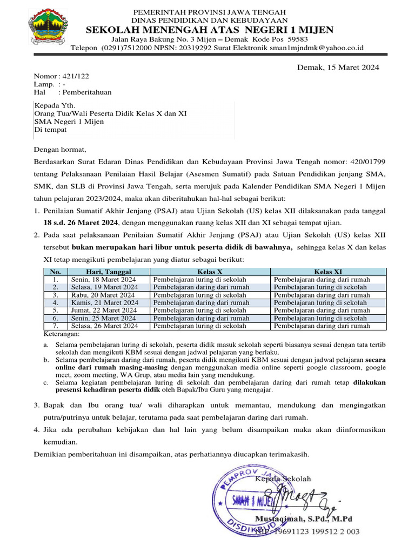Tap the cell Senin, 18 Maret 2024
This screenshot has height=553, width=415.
point(103,279)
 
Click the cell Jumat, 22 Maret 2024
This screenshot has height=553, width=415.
point(104,311)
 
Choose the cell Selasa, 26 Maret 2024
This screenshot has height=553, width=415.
point(104,326)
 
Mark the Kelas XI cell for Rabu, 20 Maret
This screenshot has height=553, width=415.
point(322,295)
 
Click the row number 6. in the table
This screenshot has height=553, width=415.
point(55,319)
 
